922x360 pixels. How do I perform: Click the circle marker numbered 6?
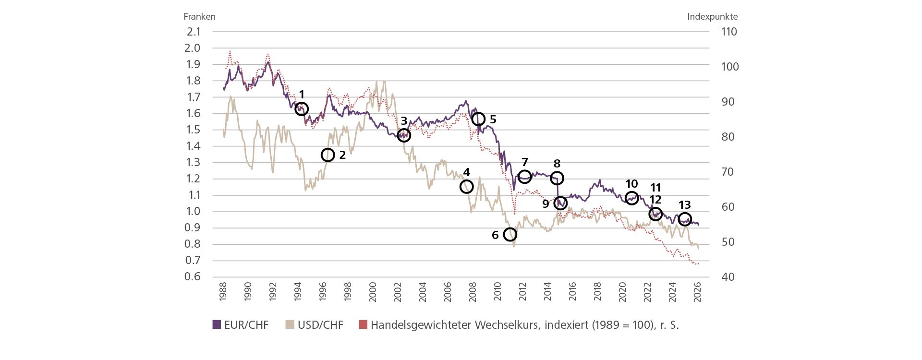510,234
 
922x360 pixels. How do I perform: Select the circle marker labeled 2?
328,155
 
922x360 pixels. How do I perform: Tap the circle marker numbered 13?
685,219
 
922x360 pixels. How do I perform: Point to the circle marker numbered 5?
478,119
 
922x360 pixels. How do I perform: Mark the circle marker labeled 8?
557,178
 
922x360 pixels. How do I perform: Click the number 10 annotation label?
631,184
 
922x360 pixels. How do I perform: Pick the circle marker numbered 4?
466,186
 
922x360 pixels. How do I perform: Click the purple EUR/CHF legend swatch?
217,325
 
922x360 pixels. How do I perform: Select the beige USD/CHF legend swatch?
290,325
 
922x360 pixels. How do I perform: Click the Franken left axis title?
199,16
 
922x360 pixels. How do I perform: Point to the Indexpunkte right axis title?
712,16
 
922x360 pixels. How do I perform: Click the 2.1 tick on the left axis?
194,32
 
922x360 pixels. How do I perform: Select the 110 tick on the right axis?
728,32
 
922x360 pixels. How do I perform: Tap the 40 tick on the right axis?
728,276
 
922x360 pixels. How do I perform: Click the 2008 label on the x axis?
473,291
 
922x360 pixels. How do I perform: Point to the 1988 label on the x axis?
223,291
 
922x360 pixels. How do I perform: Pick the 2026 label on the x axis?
697,291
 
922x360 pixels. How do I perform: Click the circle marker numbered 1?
301,109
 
